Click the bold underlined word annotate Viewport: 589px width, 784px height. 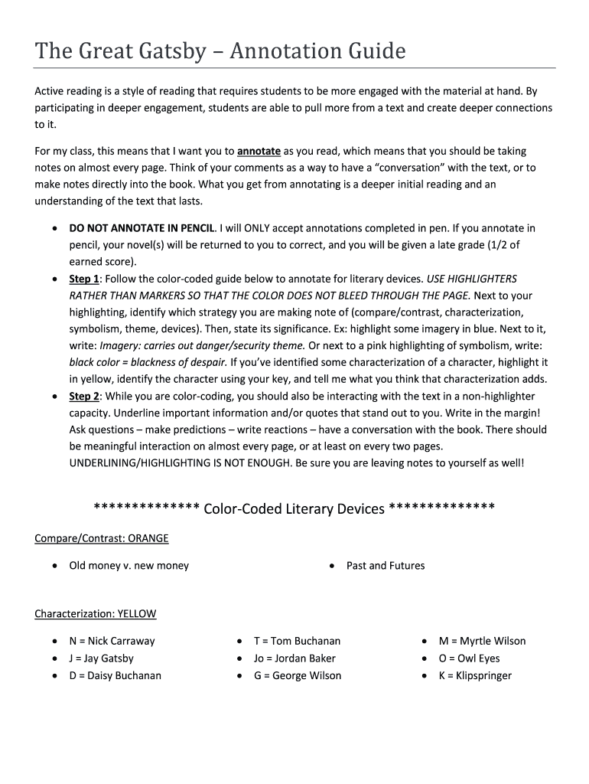click(x=259, y=151)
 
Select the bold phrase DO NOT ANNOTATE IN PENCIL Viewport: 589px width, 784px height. click(x=143, y=228)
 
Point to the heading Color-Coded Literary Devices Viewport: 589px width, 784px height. click(x=294, y=508)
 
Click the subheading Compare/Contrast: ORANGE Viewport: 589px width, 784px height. click(x=101, y=538)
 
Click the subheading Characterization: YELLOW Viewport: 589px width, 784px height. click(x=95, y=613)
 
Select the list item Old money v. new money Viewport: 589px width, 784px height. click(x=129, y=566)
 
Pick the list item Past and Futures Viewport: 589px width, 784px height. click(x=385, y=566)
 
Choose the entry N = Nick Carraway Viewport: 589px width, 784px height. click(x=112, y=641)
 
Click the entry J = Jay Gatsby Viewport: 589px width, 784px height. click(x=101, y=658)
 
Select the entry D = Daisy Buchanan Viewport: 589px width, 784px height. click(x=115, y=675)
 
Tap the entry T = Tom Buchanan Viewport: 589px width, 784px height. click(x=297, y=641)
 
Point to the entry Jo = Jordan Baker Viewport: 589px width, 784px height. click(x=294, y=658)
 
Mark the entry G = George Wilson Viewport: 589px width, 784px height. click(x=298, y=675)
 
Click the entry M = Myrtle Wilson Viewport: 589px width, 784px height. click(x=482, y=641)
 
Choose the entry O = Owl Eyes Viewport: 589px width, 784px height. click(x=469, y=658)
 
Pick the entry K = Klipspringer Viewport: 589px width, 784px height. click(x=475, y=675)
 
